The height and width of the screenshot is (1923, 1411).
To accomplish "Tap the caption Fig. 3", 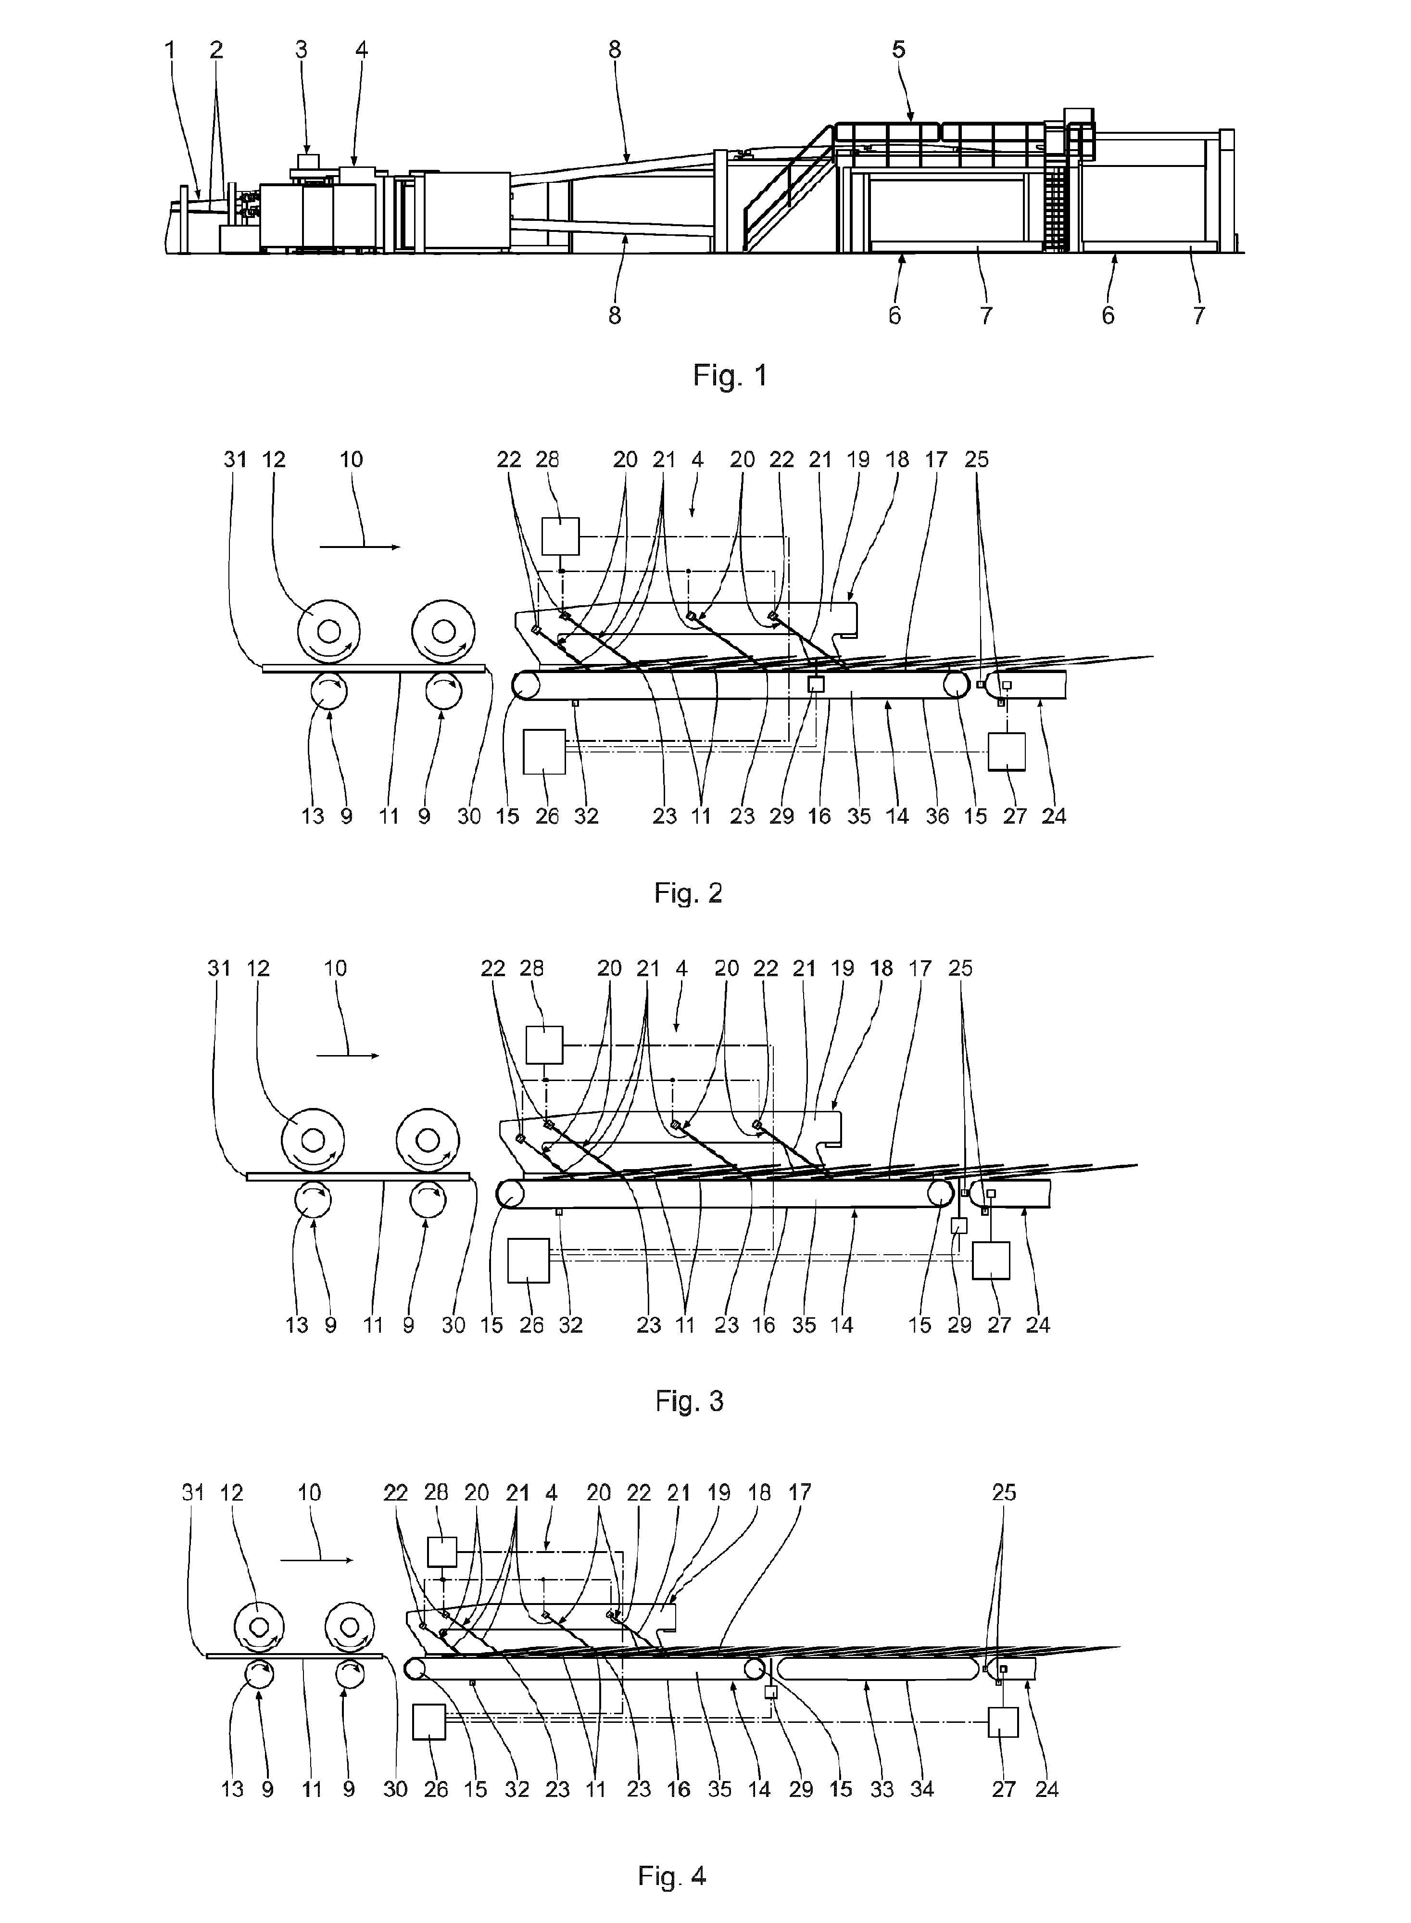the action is tap(689, 1400).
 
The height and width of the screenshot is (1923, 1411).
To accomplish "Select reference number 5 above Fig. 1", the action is tap(898, 50).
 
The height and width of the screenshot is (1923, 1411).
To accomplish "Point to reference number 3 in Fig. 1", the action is tap(302, 50).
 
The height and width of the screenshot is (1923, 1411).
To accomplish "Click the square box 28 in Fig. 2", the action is tap(560, 537).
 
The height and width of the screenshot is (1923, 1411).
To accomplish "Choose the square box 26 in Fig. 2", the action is tap(544, 752).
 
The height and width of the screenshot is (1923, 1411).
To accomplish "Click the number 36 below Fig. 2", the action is tap(937, 816).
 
